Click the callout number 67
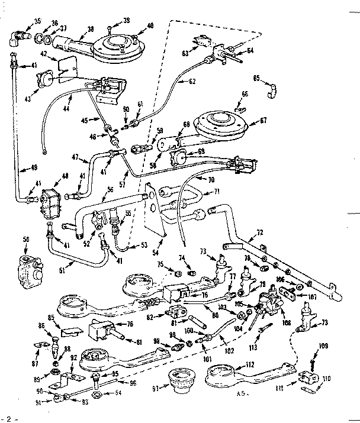pos(263,121)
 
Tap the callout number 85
pos(52,318)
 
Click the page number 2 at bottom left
pos(8,418)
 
